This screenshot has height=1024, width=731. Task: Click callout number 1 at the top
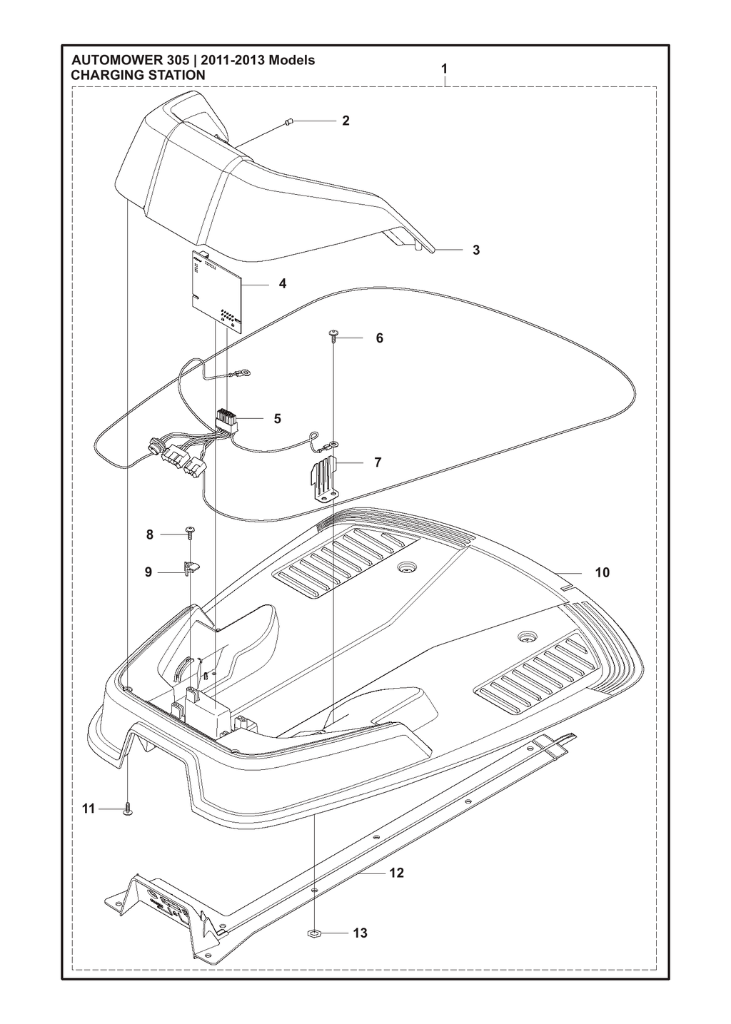pyautogui.click(x=444, y=69)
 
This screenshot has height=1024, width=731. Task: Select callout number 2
pyautogui.click(x=346, y=121)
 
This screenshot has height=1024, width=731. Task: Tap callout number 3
pyautogui.click(x=476, y=250)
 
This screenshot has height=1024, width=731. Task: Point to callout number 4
pyautogui.click(x=283, y=283)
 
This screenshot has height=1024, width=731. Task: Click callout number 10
pyautogui.click(x=603, y=572)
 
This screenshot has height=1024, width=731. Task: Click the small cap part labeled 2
pyautogui.click(x=288, y=121)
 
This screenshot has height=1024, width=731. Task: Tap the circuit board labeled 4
pyautogui.click(x=217, y=288)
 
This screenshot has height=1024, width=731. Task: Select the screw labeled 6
pyautogui.click(x=333, y=337)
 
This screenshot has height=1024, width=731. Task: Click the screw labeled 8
pyautogui.click(x=189, y=531)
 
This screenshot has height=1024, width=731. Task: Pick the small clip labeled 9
pyautogui.click(x=191, y=568)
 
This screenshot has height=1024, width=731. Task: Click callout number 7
pyautogui.click(x=378, y=462)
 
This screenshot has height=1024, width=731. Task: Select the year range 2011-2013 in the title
pyautogui.click(x=232, y=61)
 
